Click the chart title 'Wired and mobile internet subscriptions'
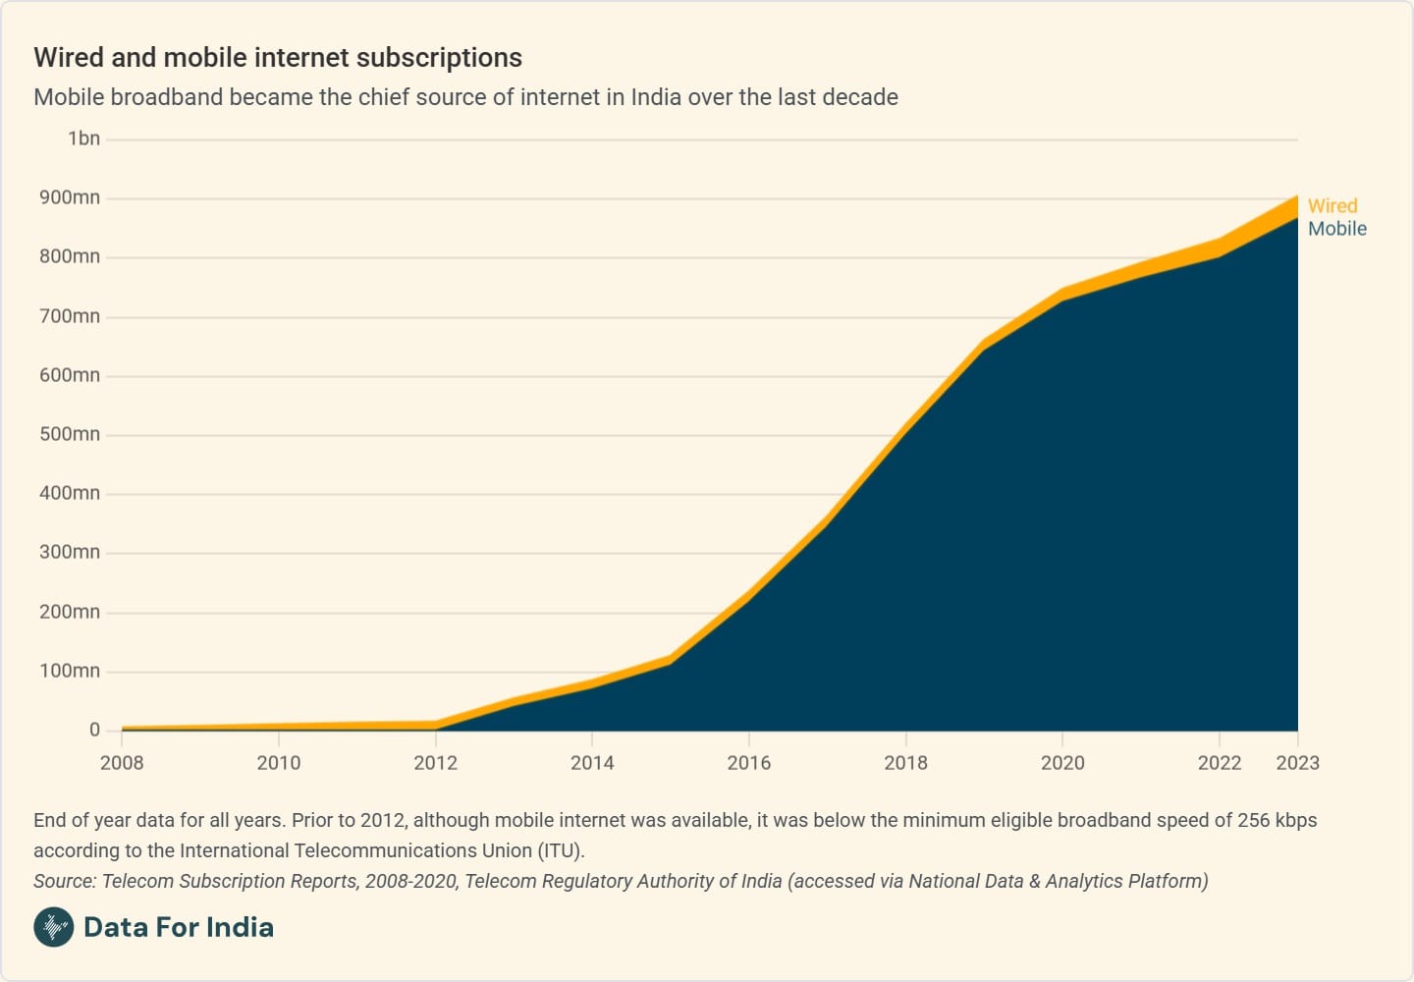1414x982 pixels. [x=278, y=58]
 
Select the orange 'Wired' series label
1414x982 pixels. [x=1332, y=206]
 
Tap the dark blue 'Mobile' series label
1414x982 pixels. [x=1336, y=229]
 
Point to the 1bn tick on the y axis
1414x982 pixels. [x=83, y=138]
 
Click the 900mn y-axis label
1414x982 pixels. [x=70, y=197]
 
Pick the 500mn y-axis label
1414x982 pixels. [x=70, y=434]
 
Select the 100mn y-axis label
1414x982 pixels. [x=70, y=671]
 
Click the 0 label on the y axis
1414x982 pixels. [x=94, y=730]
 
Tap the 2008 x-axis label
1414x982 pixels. [x=122, y=763]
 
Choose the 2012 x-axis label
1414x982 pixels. [x=435, y=763]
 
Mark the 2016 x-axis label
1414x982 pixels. [x=749, y=763]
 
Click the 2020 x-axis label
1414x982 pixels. [x=1062, y=763]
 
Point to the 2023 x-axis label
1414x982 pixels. [x=1297, y=763]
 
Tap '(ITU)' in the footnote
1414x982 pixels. [x=561, y=850]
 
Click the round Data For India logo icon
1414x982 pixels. [x=54, y=927]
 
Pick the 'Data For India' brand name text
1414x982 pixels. [x=179, y=927]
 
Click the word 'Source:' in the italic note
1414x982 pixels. [x=65, y=881]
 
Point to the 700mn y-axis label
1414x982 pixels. [x=70, y=316]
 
